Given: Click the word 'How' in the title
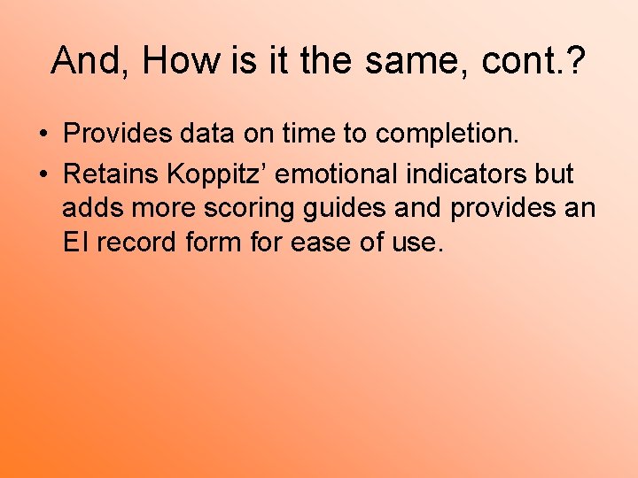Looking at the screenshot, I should coord(181,60).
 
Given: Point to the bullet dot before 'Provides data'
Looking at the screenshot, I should coord(43,135).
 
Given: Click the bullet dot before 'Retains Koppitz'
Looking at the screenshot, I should coord(43,174).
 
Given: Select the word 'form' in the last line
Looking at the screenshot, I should coord(210,242).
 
